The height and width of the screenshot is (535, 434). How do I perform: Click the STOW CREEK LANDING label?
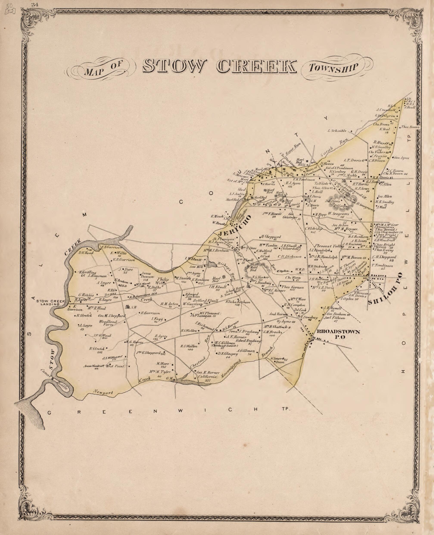click(x=51, y=302)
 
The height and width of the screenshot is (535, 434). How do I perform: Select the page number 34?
click(x=34, y=4)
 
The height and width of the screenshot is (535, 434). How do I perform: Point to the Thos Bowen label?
click(x=410, y=127)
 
